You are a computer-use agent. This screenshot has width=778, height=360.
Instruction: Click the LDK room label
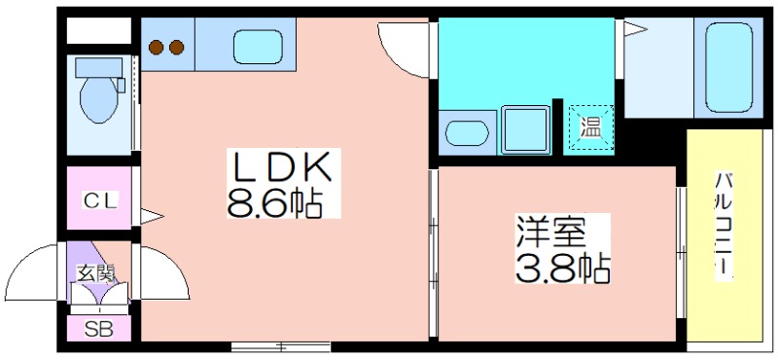(x=279, y=167)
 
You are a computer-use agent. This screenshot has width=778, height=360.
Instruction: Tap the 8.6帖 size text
(x=275, y=202)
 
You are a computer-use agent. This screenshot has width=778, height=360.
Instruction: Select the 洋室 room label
(x=551, y=232)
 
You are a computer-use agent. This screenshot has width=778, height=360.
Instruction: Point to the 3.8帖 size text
(x=563, y=268)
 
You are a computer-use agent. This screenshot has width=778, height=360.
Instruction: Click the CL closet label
(x=100, y=200)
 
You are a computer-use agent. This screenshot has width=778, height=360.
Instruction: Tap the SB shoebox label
(x=98, y=328)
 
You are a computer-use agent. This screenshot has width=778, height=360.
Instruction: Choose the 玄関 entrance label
(x=95, y=272)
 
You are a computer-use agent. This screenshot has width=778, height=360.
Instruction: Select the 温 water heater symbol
(x=591, y=127)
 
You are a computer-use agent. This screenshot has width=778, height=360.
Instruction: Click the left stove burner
(x=157, y=47)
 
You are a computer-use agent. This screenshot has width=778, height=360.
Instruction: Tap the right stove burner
(x=177, y=47)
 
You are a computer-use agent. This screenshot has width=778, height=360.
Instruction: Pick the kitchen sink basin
(x=258, y=47)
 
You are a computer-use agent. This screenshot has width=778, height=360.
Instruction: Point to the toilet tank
(x=99, y=67)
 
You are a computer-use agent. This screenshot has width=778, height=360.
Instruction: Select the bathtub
(x=728, y=67)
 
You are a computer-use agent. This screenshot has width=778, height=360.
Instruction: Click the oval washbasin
(x=467, y=133)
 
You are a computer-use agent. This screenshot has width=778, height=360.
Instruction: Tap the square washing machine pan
(x=526, y=129)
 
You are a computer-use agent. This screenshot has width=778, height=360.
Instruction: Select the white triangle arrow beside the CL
(x=152, y=217)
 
